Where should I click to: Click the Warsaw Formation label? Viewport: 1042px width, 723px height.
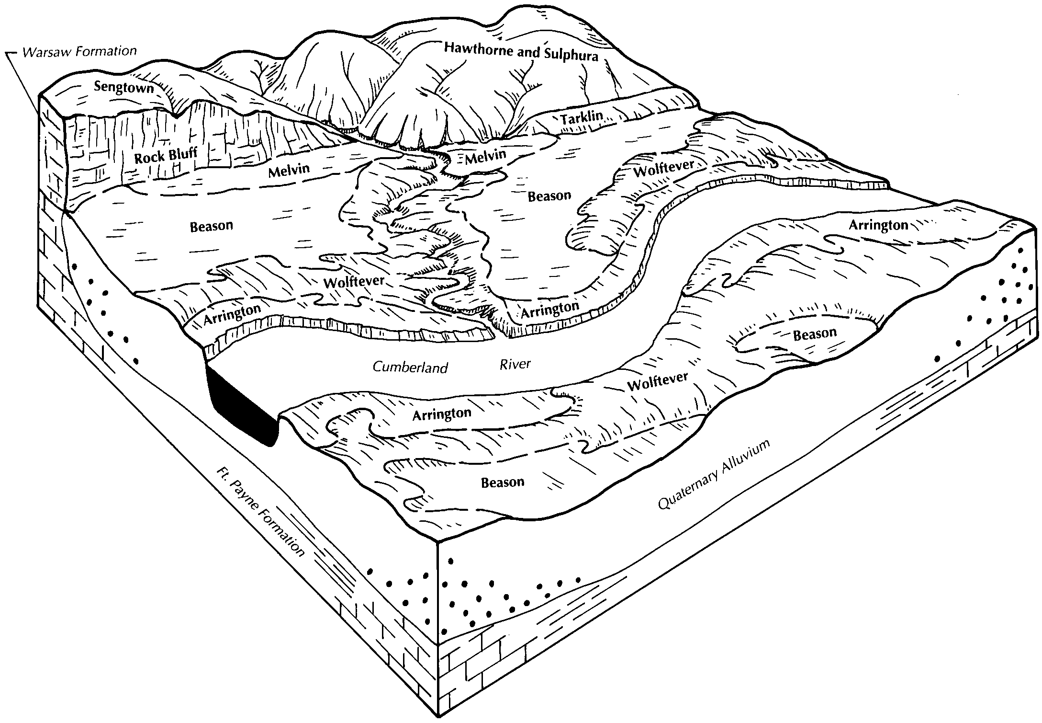coord(79,51)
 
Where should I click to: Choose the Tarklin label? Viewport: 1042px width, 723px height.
coord(582,117)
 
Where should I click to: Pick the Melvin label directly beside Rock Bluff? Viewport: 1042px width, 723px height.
coord(289,170)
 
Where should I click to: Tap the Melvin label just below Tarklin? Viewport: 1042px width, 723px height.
coord(485,156)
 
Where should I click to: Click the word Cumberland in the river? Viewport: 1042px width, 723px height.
coord(410,367)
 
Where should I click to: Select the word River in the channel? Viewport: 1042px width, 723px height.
coord(515,364)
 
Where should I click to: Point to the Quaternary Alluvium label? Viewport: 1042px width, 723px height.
coord(714,474)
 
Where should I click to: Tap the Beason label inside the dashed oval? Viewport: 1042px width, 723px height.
coord(815,334)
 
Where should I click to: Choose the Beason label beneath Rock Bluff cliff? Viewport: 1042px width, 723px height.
coord(211,226)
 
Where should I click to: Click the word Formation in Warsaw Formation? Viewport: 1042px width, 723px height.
coord(107,51)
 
